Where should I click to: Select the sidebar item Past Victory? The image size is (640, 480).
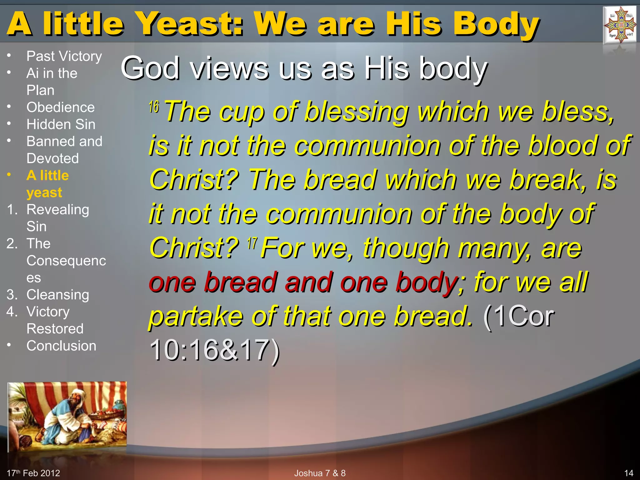tap(64, 56)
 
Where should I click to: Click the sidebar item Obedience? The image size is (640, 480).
tap(60, 107)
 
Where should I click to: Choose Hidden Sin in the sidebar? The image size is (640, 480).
tap(61, 124)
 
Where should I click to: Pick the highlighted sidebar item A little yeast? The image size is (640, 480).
tap(47, 184)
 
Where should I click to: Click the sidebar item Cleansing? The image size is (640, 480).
tap(58, 295)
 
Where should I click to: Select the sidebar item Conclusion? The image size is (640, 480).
tap(61, 346)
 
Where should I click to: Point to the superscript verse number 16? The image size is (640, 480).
tap(154, 107)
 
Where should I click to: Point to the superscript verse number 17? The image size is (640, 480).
tap(252, 243)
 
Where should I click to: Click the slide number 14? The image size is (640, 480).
tap(628, 473)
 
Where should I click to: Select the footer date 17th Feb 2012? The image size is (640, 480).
tap(33, 473)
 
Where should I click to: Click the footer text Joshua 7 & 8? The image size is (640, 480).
tap(320, 473)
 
